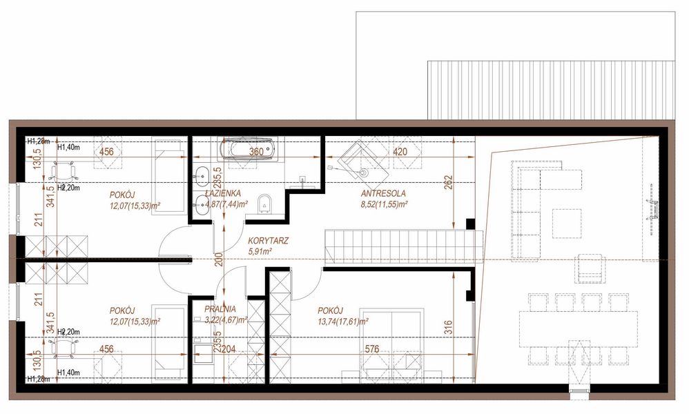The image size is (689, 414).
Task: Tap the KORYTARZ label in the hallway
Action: click(268, 241)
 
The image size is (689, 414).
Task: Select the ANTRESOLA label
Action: click(383, 194)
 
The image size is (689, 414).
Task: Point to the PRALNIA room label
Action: click(220, 310)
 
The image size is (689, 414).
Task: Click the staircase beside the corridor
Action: click(400, 244)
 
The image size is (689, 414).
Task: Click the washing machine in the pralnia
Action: click(204, 354)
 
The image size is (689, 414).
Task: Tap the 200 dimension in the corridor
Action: click(218, 259)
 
